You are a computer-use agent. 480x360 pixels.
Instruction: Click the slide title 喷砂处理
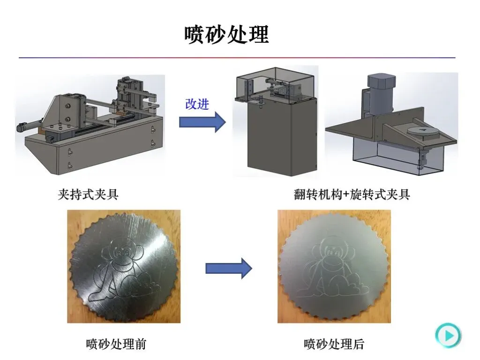click(226, 34)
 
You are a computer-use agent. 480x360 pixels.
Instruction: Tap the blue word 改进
click(197, 104)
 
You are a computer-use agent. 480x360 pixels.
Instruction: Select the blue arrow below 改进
click(202, 122)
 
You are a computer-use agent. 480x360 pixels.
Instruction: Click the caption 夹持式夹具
click(88, 195)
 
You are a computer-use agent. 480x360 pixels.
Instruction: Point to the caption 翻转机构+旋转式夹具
click(352, 195)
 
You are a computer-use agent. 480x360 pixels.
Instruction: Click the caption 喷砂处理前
click(116, 344)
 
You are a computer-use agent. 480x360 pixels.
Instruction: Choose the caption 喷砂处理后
click(334, 344)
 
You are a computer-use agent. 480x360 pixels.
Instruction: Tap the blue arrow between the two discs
click(229, 269)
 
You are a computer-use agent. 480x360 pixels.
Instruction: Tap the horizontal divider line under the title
click(237, 58)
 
